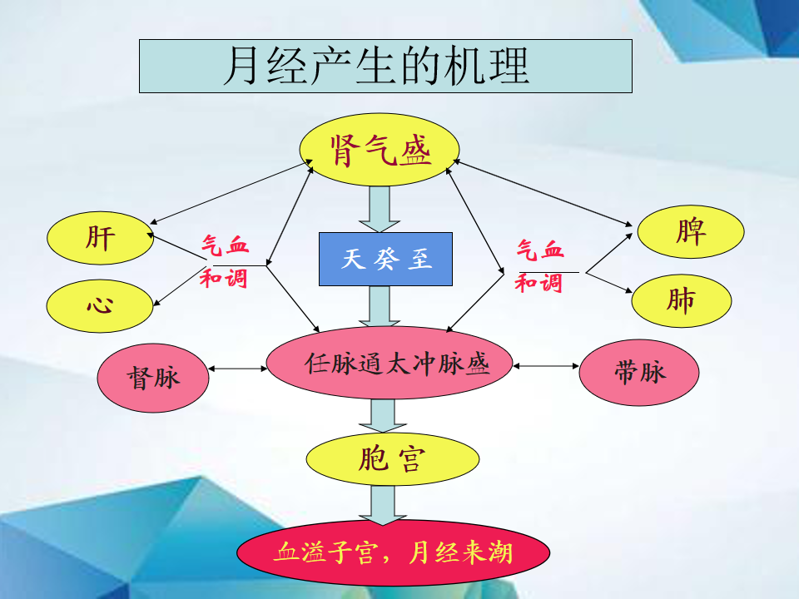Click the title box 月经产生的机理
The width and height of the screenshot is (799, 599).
pyautogui.click(x=385, y=66)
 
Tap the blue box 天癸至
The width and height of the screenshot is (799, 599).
pyautogui.click(x=386, y=259)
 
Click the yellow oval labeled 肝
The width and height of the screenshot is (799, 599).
pyautogui.click(x=101, y=239)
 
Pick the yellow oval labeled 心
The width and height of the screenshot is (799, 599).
pyautogui.click(x=101, y=305)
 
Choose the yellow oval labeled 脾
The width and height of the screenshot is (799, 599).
pyautogui.click(x=690, y=231)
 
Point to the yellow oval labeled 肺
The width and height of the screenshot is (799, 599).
pyautogui.click(x=681, y=300)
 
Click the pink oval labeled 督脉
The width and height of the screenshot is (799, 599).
pyautogui.click(x=152, y=377)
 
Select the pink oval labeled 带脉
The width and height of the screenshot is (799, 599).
pyautogui.click(x=639, y=372)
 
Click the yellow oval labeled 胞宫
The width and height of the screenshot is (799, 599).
pyautogui.click(x=392, y=459)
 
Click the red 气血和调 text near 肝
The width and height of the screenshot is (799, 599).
pyautogui.click(x=224, y=261)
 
